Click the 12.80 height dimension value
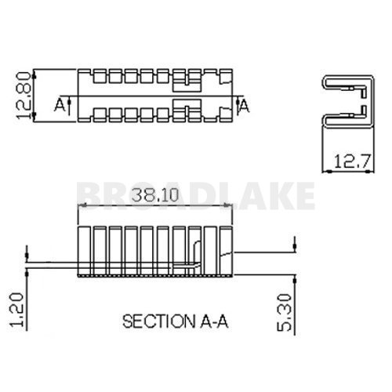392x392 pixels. pyautogui.click(x=24, y=96)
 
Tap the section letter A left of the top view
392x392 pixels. pyautogui.click(x=59, y=103)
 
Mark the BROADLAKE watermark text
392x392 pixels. pyautogui.click(x=196, y=194)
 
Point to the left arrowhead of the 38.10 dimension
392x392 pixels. pyautogui.click(x=81, y=206)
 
